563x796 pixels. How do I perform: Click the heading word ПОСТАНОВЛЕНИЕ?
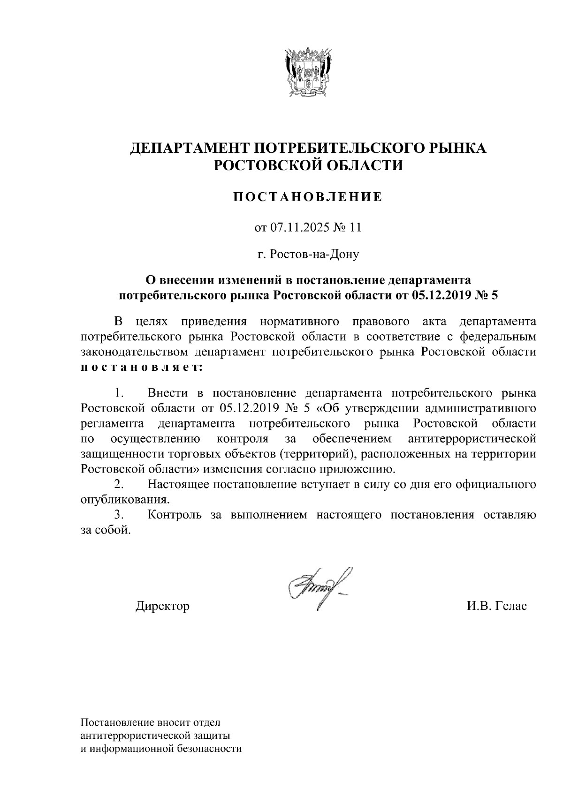(308, 197)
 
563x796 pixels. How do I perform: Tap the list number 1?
(119, 392)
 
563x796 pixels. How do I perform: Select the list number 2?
(119, 484)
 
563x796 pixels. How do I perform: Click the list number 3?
(119, 515)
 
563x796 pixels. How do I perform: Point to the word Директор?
(163, 606)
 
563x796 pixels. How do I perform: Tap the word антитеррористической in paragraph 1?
(472, 439)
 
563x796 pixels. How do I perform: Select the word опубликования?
(124, 499)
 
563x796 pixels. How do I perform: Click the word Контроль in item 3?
(175, 515)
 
